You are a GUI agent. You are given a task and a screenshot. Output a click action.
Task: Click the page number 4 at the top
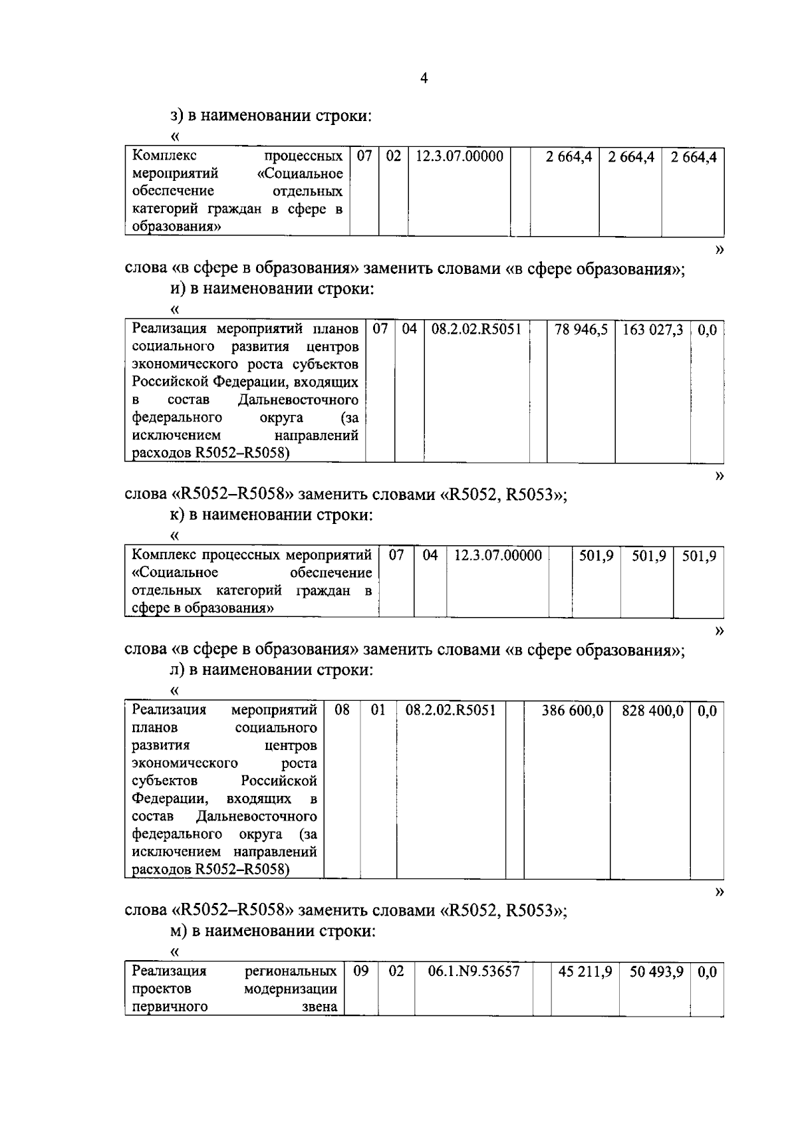tap(424, 78)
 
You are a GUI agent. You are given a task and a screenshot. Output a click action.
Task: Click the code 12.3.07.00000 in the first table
tap(459, 157)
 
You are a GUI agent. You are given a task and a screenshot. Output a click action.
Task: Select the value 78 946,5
tap(581, 330)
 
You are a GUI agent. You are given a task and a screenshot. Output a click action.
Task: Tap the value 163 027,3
tap(652, 330)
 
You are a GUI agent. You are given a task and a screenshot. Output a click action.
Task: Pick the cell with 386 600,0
tap(572, 711)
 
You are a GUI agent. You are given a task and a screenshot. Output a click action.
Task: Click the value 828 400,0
tap(652, 711)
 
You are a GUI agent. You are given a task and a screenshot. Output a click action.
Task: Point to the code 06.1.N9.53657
tap(473, 971)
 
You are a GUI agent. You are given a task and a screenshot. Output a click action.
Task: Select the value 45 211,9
tap(585, 971)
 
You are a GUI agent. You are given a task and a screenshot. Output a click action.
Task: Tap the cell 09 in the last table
tap(361, 971)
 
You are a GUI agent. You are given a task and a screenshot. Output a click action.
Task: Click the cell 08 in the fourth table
tap(342, 711)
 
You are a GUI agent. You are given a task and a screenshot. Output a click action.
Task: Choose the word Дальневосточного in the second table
tap(298, 400)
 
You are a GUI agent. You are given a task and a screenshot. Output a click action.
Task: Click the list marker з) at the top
tap(176, 116)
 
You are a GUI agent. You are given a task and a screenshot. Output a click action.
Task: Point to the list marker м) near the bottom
tap(178, 931)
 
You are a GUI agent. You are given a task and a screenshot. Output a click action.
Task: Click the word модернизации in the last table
tap(290, 989)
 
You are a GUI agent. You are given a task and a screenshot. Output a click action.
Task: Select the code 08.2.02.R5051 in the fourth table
tap(450, 711)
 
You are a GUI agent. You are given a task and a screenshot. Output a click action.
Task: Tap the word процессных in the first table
tap(303, 157)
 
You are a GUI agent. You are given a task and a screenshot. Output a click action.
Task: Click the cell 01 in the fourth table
tap(378, 711)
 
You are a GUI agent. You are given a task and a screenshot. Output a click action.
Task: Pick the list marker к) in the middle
tap(176, 515)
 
